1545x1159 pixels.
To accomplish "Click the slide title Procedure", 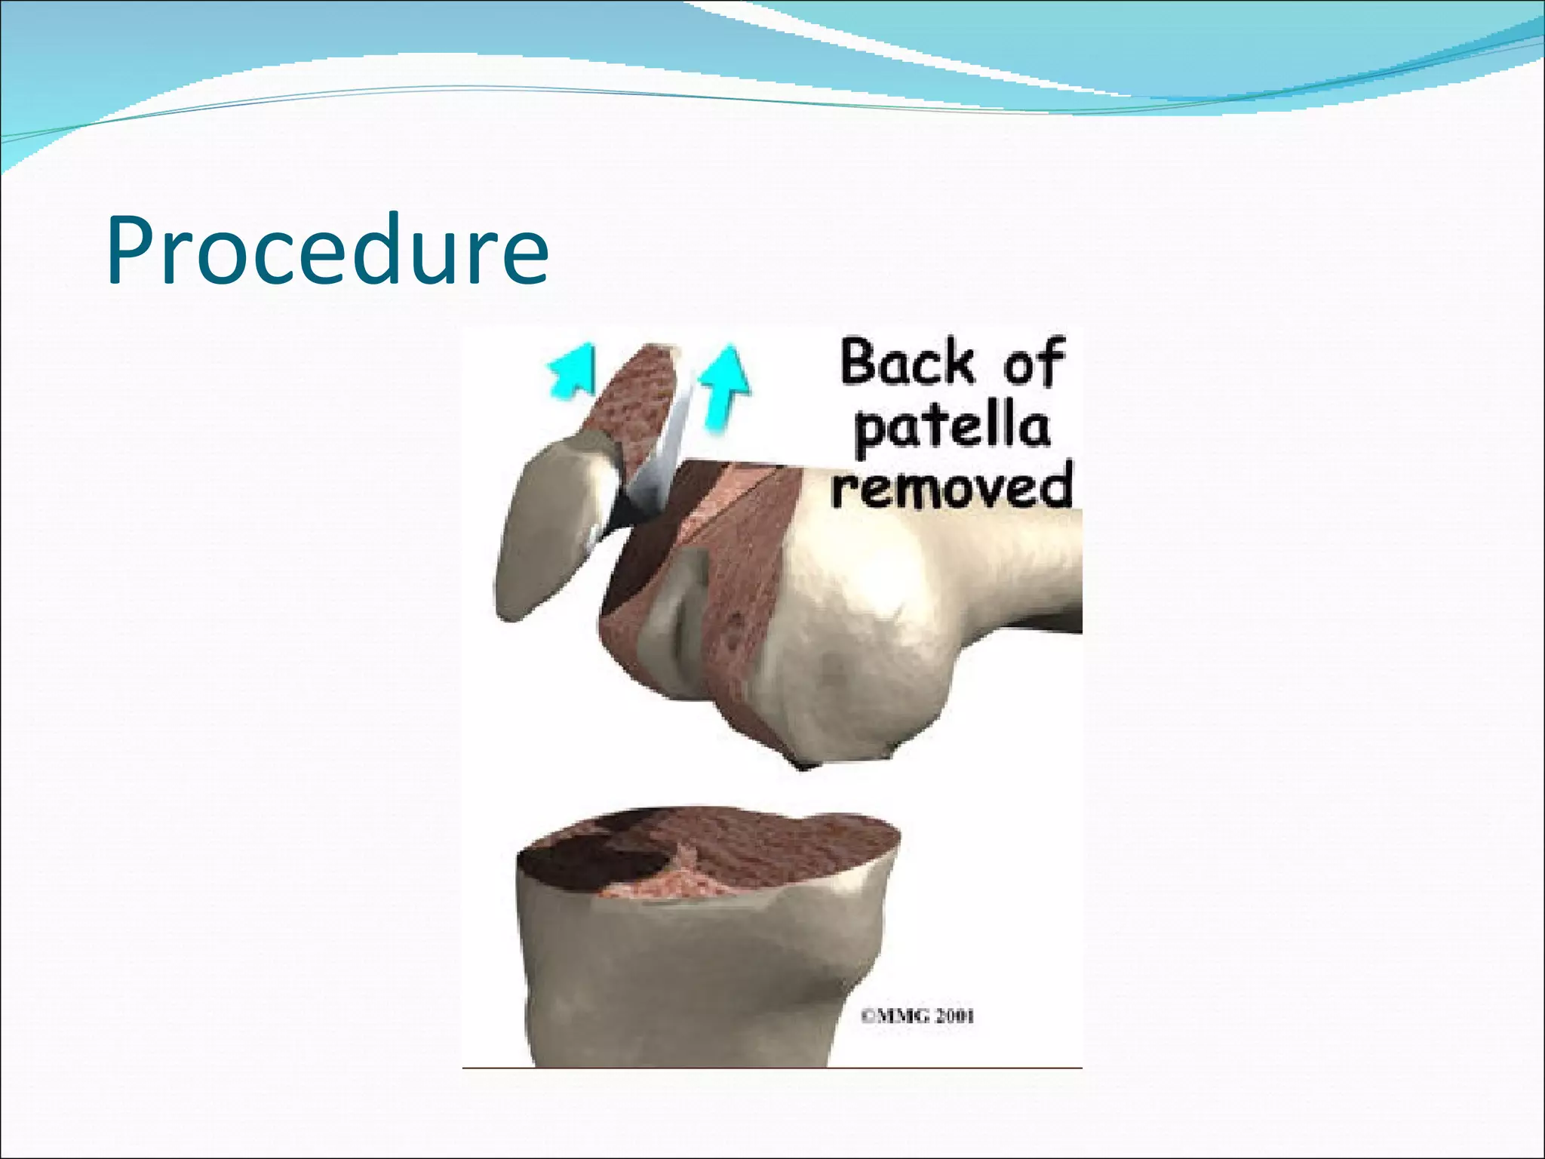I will pos(327,250).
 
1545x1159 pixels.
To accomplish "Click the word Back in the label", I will pos(907,363).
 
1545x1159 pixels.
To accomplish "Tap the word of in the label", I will pos(1033,364).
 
